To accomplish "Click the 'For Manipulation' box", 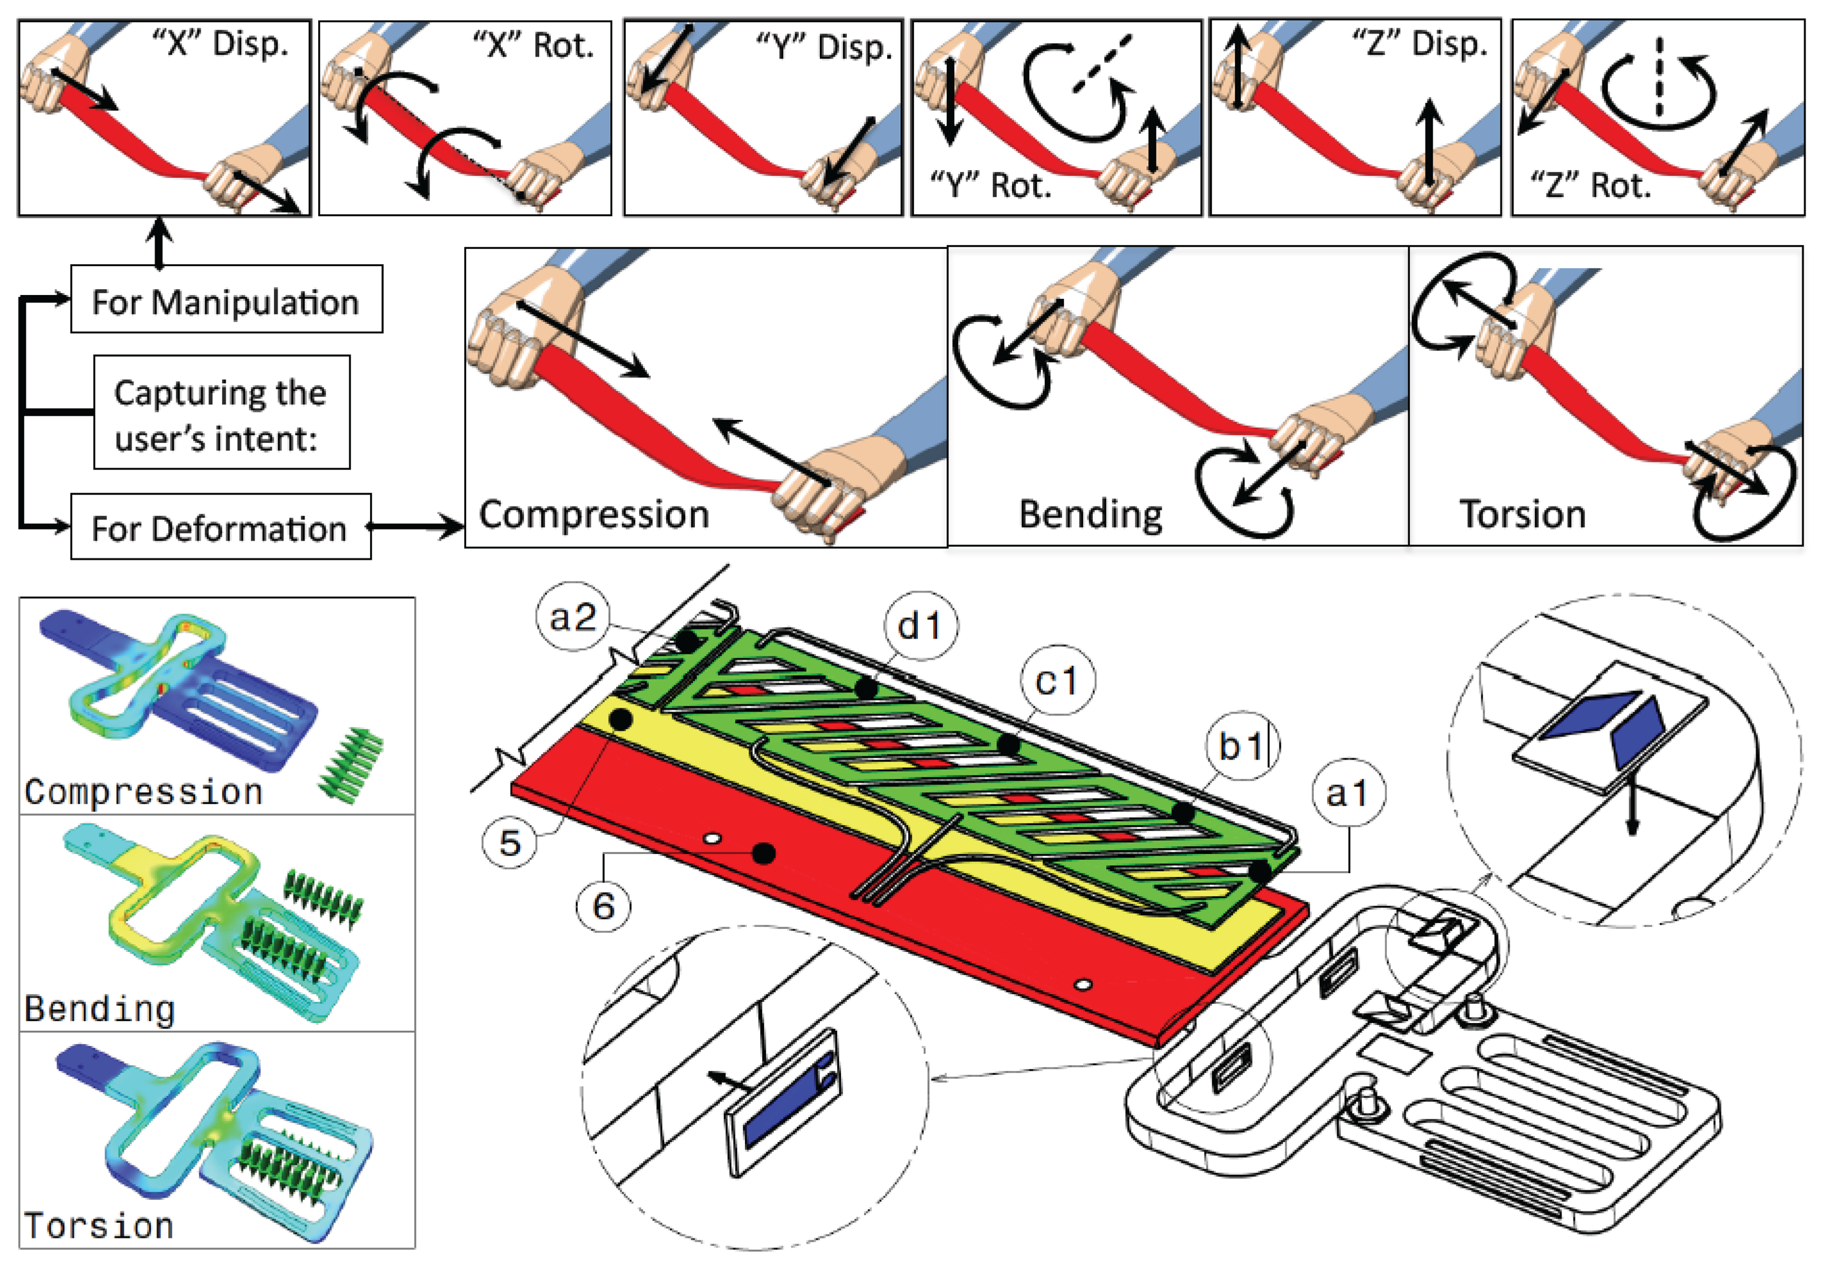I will (226, 300).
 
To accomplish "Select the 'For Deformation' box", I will (220, 528).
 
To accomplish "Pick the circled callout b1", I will (1241, 746).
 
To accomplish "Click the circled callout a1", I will (1347, 792).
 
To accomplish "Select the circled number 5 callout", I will (510, 842).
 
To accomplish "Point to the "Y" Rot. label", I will (990, 185).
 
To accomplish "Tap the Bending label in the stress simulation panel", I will (99, 1009).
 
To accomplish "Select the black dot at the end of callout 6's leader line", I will (763, 854).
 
